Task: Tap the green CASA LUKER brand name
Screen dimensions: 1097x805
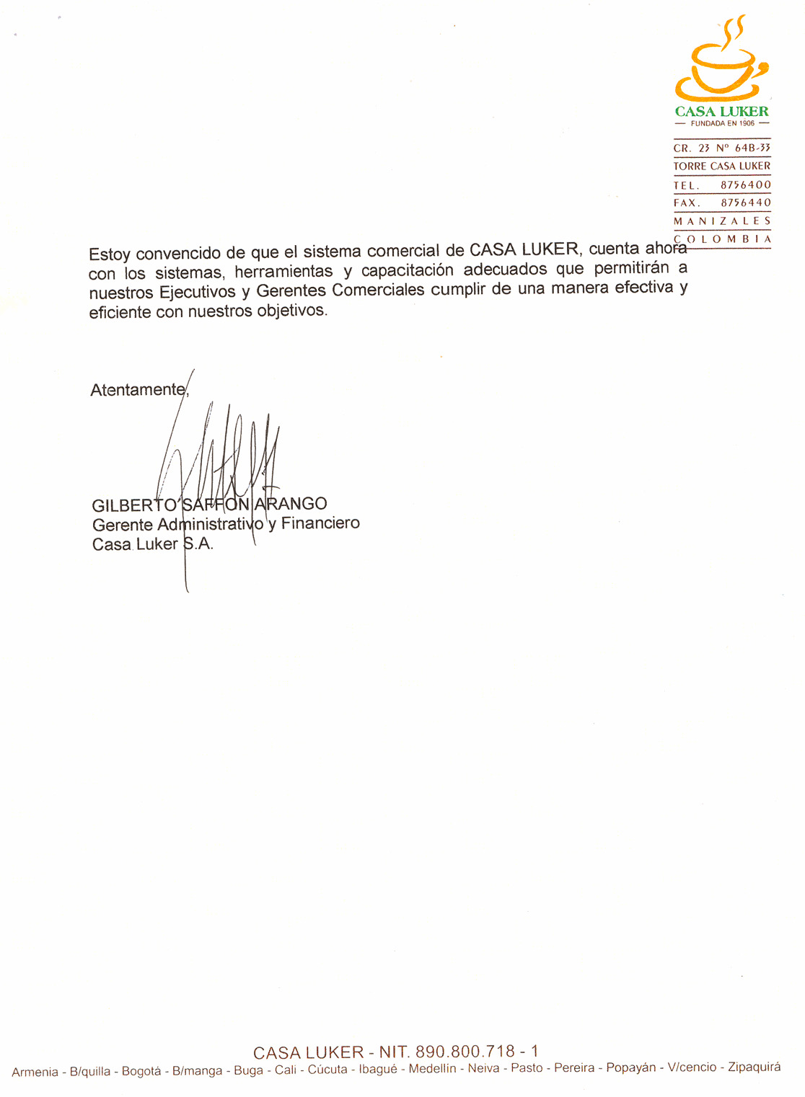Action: (x=721, y=112)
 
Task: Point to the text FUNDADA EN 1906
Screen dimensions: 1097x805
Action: (x=722, y=123)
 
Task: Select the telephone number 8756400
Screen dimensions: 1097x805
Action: (x=746, y=185)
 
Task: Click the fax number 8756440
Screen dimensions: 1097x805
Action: (x=746, y=203)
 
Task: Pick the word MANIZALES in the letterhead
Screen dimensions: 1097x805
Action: (x=722, y=221)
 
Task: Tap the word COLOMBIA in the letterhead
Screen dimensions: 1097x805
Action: (x=722, y=239)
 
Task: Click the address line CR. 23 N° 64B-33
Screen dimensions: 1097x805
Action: (x=722, y=148)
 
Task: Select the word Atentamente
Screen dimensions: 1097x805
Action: (x=138, y=390)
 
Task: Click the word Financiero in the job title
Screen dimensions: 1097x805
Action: (x=320, y=523)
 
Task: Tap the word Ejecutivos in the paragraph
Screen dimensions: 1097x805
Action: (x=198, y=293)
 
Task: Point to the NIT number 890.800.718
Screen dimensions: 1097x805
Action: (x=465, y=1052)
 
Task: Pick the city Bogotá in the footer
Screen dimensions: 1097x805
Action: (x=141, y=1071)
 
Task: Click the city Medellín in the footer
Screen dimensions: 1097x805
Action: (x=432, y=1068)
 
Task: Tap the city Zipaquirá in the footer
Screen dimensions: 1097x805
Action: (x=754, y=1067)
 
